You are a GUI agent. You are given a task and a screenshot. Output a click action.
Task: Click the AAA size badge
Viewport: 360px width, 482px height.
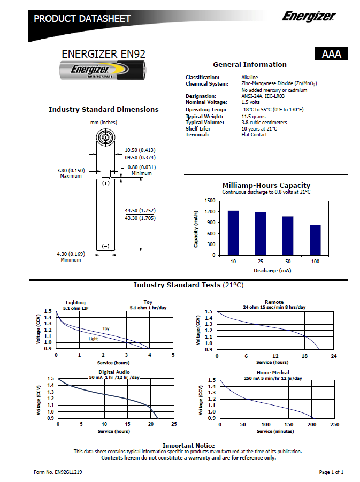[x=332, y=54]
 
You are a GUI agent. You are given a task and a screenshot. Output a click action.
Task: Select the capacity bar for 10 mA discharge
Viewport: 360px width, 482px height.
[x=233, y=233]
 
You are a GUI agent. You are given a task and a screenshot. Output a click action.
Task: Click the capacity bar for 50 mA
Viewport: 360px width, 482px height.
[x=288, y=235]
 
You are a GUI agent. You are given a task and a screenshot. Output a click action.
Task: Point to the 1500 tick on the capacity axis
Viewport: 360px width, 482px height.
[x=210, y=201]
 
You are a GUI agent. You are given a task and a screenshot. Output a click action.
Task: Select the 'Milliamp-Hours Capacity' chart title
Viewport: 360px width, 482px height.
[x=266, y=185]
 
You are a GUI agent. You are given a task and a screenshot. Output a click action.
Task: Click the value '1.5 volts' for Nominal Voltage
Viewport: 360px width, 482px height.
[x=250, y=102]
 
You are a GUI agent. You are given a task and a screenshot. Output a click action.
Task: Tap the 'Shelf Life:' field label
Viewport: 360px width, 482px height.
[x=198, y=128]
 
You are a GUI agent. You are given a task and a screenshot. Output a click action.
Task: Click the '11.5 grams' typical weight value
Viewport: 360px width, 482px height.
[x=253, y=116]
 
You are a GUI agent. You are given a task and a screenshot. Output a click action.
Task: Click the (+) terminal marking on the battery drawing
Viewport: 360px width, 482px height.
[x=105, y=183]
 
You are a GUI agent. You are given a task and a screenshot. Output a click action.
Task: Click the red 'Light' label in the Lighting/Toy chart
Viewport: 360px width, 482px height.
[x=93, y=339]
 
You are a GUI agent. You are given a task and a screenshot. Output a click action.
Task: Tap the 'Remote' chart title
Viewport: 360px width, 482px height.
[x=274, y=302]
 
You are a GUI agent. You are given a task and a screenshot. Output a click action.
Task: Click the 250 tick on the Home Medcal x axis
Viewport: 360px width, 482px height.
[x=335, y=424]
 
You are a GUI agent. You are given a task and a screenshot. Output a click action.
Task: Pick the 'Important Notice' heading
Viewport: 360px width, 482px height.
[x=188, y=445]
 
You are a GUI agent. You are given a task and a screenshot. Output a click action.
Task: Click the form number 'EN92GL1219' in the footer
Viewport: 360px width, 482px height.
[x=67, y=472]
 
